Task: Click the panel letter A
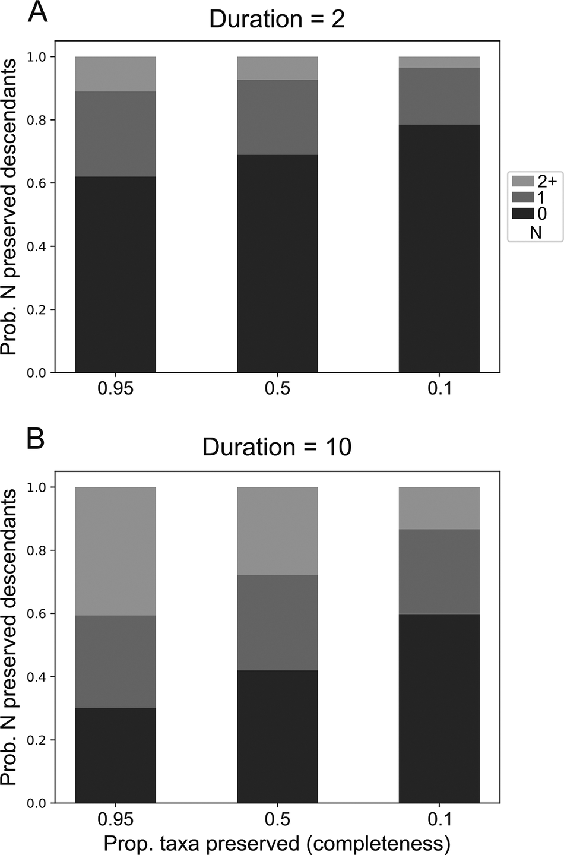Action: coord(38,12)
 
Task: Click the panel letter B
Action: coord(36,440)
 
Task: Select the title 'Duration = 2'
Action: coord(277,20)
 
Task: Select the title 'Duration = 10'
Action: coord(277,447)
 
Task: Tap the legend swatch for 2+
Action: coord(522,182)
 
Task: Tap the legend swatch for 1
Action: coord(522,198)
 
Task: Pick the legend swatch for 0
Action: coord(522,213)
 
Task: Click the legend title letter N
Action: coord(536,232)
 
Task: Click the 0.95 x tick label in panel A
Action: coord(115,389)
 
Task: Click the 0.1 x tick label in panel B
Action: coord(439,819)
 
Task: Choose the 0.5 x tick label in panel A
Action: coord(277,389)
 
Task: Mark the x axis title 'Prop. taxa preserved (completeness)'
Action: coord(277,843)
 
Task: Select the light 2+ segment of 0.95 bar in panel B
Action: coord(115,551)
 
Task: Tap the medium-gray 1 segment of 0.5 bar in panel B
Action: coord(277,622)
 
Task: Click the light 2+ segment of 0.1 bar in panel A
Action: coord(439,62)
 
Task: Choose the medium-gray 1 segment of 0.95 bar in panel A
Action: coord(115,134)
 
